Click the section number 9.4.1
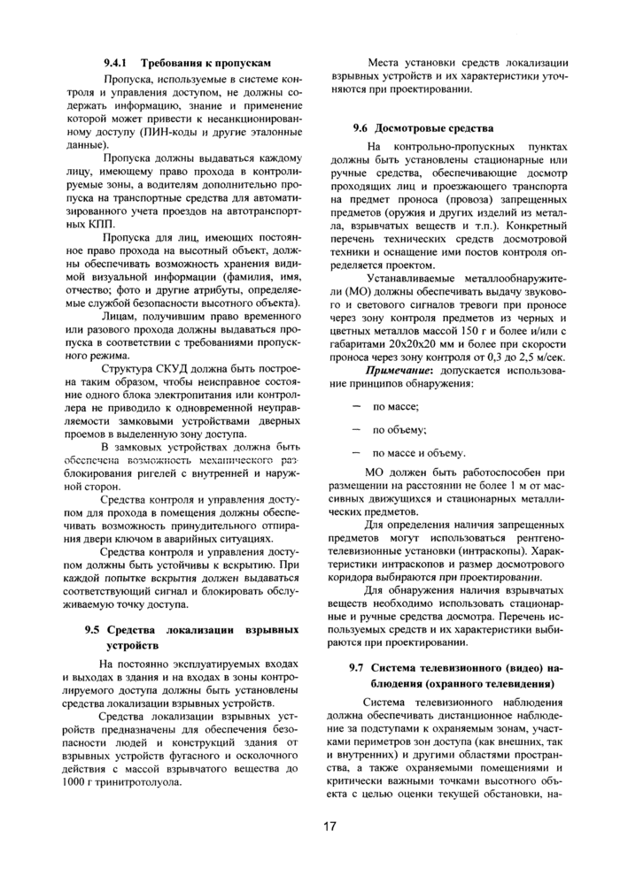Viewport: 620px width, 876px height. pos(117,64)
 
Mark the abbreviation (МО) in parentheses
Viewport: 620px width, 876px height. pos(345,315)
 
